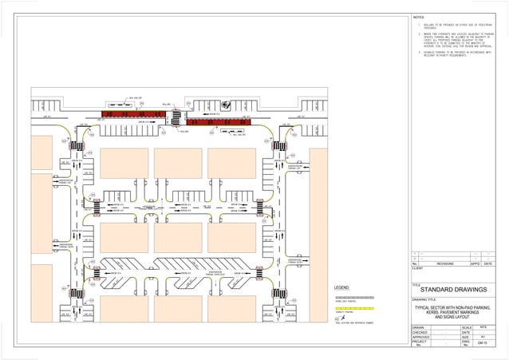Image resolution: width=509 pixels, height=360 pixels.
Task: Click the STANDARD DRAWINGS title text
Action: tap(454, 290)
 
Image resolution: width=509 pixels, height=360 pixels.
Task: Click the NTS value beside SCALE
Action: tap(483, 327)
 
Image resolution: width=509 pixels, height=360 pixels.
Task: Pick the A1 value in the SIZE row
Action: tap(483, 338)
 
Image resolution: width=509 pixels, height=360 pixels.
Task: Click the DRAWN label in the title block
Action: tap(418, 327)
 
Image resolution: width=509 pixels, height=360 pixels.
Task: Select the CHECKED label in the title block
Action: tap(420, 333)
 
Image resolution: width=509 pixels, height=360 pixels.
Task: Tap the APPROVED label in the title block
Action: tap(420, 338)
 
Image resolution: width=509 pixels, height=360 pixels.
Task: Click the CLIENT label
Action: tap(417, 268)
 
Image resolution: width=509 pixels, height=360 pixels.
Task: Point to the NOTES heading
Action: tap(420, 17)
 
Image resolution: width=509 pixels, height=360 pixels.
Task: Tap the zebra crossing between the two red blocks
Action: tap(175, 117)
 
